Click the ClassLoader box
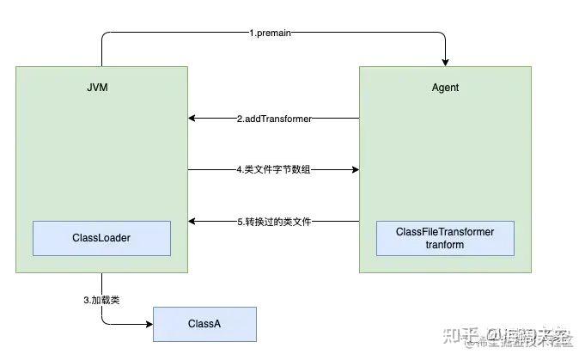click(101, 238)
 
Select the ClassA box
click(204, 324)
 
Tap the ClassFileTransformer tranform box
click(445, 238)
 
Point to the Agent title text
click(445, 88)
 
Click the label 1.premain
click(273, 34)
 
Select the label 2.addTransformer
click(273, 119)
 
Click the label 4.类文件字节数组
click(273, 170)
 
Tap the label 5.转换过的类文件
click(273, 222)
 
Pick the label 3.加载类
click(101, 300)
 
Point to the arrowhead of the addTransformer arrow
click(192, 119)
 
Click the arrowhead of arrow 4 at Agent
click(354, 170)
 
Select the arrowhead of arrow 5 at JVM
click(192, 222)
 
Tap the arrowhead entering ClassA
click(149, 324)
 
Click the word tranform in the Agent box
click(445, 245)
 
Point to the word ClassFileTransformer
click(445, 232)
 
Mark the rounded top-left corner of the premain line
click(105, 36)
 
